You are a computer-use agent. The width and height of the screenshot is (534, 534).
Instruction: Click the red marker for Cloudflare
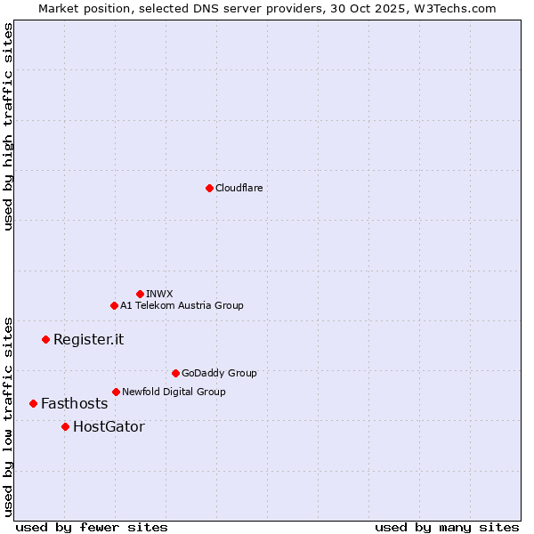pos(209,188)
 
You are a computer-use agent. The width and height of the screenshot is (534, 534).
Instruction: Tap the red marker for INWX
pos(140,294)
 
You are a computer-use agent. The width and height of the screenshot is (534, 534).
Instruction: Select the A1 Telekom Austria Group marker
pos(114,305)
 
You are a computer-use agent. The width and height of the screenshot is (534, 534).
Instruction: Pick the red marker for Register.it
pos(45,339)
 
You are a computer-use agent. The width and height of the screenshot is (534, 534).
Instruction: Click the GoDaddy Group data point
pos(175,373)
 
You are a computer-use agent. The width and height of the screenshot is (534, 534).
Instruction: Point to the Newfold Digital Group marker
pos(116,392)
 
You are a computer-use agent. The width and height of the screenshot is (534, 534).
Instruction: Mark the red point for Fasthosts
pos(33,403)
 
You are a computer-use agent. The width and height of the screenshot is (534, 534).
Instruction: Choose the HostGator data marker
pos(65,426)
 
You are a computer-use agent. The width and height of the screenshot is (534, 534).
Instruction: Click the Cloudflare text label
pos(239,188)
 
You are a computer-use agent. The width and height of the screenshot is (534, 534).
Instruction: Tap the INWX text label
pos(159,294)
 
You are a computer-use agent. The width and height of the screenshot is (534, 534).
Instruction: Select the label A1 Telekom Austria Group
pos(182,305)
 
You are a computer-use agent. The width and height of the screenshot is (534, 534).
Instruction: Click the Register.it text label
pos(88,339)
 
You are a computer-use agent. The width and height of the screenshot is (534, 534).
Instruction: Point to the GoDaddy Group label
pos(219,373)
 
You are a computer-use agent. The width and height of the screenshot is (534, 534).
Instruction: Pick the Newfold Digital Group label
pos(174,392)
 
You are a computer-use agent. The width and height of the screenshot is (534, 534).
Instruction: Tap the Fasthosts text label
pos(74,403)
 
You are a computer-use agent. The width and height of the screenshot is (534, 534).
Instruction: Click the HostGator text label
pos(109,426)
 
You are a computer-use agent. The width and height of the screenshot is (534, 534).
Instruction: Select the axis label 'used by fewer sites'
pos(92,527)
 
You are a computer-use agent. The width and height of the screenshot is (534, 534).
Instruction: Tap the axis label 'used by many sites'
pos(447,527)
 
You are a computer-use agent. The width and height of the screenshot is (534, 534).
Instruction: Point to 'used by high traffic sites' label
pos(8,126)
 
